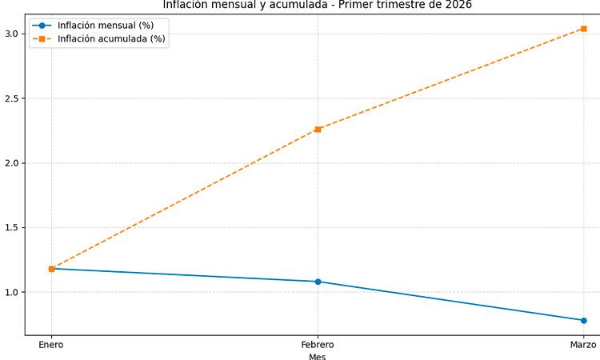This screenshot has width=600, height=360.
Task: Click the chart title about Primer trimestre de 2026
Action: (318, 5)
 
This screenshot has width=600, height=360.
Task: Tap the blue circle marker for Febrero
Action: (318, 282)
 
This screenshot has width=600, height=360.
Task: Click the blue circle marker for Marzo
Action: (583, 320)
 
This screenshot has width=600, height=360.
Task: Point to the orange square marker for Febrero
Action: (318, 129)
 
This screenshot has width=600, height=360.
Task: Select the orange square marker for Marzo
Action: (583, 29)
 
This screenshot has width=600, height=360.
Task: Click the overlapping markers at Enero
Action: (51, 269)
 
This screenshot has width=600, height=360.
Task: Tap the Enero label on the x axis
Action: (51, 344)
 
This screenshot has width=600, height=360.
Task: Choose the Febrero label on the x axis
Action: (318, 344)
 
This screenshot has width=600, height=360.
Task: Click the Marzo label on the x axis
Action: (583, 344)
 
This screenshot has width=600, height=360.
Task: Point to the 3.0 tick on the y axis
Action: (12, 34)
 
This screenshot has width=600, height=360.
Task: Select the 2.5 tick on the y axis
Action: (12, 98)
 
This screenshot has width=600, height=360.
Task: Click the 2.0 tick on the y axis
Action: (12, 163)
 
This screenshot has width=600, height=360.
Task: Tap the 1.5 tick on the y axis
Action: (12, 228)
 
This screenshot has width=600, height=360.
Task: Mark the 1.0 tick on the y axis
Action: (12, 293)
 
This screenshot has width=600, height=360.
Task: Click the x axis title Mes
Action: (318, 356)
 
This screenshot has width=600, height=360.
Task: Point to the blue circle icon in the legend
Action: (42, 25)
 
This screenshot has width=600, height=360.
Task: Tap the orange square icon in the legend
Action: (42, 38)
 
